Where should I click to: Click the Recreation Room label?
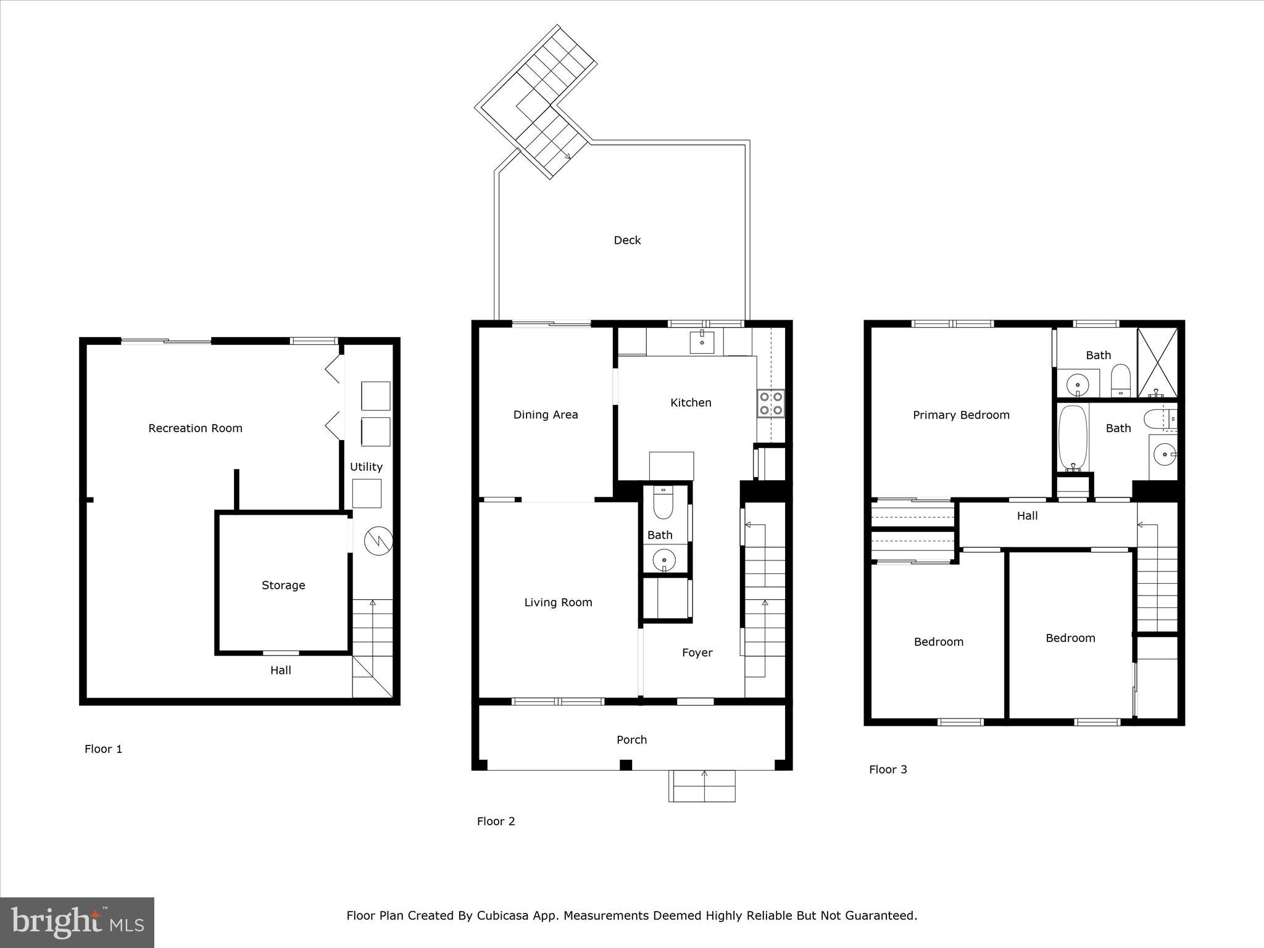click(x=195, y=428)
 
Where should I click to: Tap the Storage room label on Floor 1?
click(x=283, y=585)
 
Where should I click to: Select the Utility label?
click(x=366, y=467)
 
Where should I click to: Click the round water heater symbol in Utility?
click(x=378, y=541)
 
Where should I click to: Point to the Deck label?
click(x=627, y=240)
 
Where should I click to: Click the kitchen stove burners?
click(x=771, y=403)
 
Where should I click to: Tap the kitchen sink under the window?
click(x=702, y=341)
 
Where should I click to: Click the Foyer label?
click(x=697, y=652)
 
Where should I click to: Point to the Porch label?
click(x=631, y=739)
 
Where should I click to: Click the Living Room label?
click(x=558, y=602)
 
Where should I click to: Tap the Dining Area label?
click(x=546, y=415)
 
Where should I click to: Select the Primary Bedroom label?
click(x=961, y=415)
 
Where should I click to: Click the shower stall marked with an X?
click(x=1157, y=362)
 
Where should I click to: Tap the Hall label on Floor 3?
click(x=1027, y=515)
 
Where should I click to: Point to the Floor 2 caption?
click(x=496, y=821)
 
